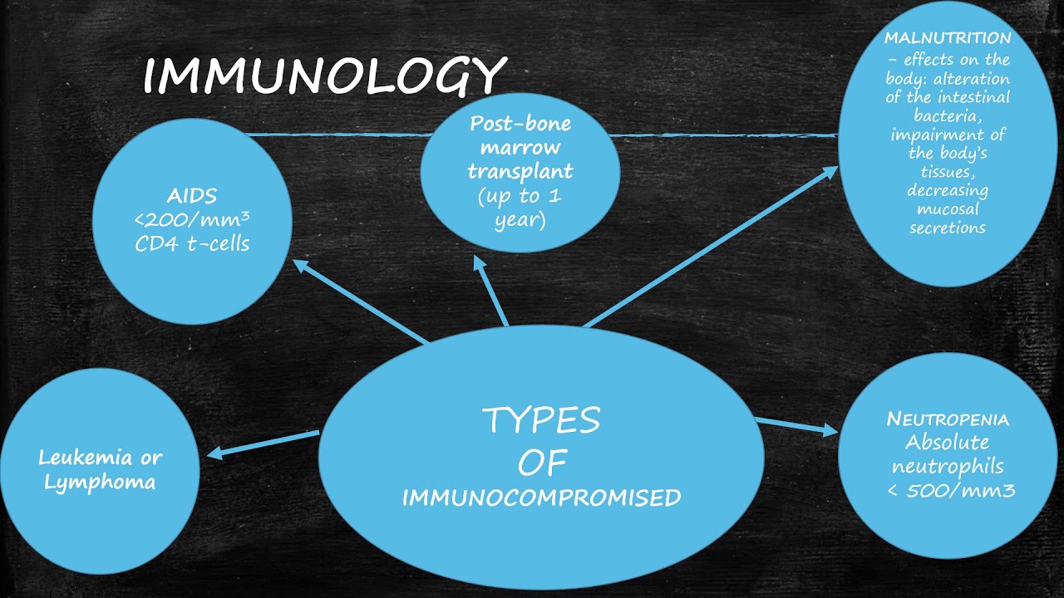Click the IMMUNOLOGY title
(325, 76)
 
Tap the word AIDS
(192, 195)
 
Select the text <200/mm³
(192, 219)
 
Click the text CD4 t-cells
(192, 243)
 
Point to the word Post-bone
(520, 124)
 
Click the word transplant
(520, 171)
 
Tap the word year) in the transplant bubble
(520, 221)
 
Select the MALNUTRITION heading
(948, 38)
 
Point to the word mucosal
(948, 208)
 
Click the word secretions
(948, 228)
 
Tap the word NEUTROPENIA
(948, 419)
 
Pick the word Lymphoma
(100, 483)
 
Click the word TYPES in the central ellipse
(541, 420)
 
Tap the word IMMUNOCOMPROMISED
(541, 498)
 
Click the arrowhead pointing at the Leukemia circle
(214, 453)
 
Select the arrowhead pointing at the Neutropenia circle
(830, 430)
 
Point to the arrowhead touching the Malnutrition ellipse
(830, 171)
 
